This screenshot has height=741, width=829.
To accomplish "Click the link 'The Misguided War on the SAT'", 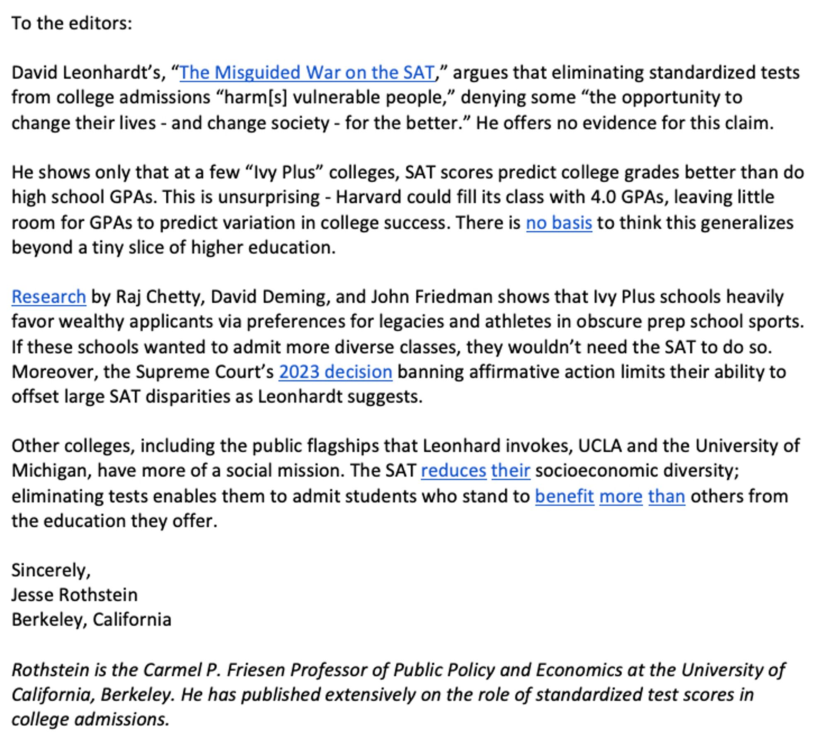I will [307, 72].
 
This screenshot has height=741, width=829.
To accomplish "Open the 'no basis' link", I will [559, 223].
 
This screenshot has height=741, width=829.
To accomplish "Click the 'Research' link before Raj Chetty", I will [49, 297].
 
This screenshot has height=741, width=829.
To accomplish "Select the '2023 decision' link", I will [335, 372].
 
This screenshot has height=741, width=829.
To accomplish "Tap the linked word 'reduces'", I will [453, 471].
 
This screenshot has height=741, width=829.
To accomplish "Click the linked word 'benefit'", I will [564, 496].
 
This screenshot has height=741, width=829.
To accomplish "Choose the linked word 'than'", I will [667, 496].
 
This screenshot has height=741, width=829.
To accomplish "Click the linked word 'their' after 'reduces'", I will [511, 471].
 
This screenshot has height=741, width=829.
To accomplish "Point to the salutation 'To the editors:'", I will [72, 23].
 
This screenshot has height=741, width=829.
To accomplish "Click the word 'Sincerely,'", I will [51, 570].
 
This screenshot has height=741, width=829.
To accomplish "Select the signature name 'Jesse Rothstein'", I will [75, 595].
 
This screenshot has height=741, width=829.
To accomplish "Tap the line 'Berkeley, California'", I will [91, 620].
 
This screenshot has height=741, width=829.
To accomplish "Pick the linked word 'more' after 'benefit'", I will [621, 496].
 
